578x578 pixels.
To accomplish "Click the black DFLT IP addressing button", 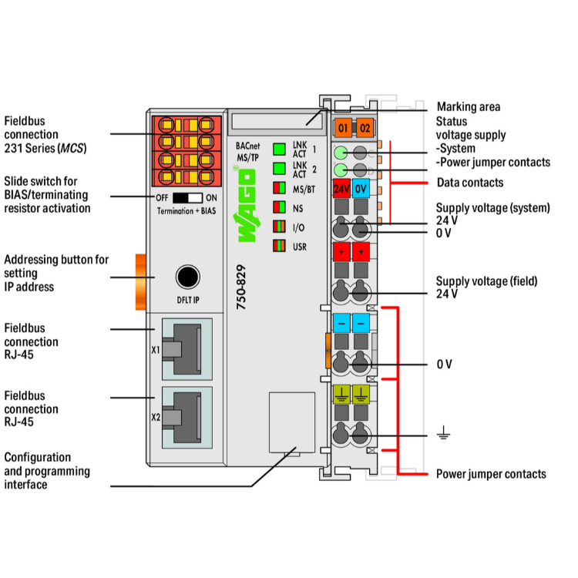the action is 188,277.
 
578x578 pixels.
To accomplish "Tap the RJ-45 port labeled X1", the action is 187,349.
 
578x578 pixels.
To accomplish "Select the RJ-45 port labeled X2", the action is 187,417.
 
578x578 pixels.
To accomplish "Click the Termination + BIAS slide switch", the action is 187,198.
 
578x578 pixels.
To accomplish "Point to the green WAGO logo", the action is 245,204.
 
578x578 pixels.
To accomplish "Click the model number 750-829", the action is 240,287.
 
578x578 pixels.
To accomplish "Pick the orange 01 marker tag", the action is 343,128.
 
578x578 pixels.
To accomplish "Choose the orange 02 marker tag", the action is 365,128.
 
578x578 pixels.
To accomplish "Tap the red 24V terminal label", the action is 341,189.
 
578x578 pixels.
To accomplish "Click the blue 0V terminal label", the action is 361,189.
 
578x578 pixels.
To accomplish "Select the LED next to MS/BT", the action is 279,188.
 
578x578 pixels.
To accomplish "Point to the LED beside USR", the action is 279,246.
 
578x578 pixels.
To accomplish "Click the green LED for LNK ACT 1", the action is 279,150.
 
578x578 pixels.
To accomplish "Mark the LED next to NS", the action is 279,207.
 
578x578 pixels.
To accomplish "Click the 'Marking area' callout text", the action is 469,107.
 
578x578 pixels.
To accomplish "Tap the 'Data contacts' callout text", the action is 470,183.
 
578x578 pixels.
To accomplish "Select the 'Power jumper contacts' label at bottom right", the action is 491,474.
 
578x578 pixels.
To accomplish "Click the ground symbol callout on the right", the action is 443,432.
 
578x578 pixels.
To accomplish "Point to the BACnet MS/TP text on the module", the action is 247,152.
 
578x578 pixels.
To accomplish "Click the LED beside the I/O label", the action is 279,227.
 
